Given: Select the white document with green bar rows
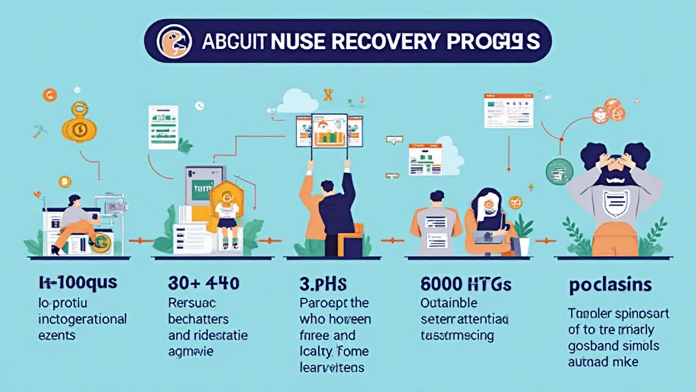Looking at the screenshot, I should click(163, 127).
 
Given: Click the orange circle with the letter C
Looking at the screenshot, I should click(49, 95).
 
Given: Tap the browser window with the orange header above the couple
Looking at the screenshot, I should click(508, 111).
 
